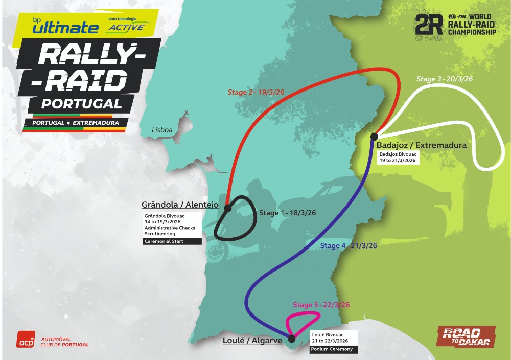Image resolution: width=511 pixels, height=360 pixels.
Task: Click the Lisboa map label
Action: pyautogui.click(x=162, y=130)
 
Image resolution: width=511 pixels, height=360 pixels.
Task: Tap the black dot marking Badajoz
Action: pyautogui.click(x=374, y=136)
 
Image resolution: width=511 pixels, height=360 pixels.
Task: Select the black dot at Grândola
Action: pyautogui.click(x=227, y=208)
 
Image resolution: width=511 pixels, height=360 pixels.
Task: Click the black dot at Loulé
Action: pyautogui.click(x=292, y=338)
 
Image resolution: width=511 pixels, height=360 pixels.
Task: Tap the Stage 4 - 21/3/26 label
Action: pyautogui.click(x=348, y=246)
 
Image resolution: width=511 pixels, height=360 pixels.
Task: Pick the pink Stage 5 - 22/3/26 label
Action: pyautogui.click(x=321, y=305)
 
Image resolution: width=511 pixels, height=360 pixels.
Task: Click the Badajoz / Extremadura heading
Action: pyautogui.click(x=421, y=145)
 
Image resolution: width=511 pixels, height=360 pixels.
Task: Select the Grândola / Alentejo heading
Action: pyautogui.click(x=180, y=205)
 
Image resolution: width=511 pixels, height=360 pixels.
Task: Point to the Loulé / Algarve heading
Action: pyautogui.click(x=252, y=340)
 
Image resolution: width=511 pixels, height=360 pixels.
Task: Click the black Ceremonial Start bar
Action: pyautogui.click(x=172, y=241)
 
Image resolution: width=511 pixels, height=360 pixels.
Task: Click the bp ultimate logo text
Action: pyautogui.click(x=65, y=27)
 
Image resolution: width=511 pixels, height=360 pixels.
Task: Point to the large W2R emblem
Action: pyautogui.click(x=428, y=25)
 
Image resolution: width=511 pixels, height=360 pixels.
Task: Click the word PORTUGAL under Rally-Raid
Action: pyautogui.click(x=81, y=104)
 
